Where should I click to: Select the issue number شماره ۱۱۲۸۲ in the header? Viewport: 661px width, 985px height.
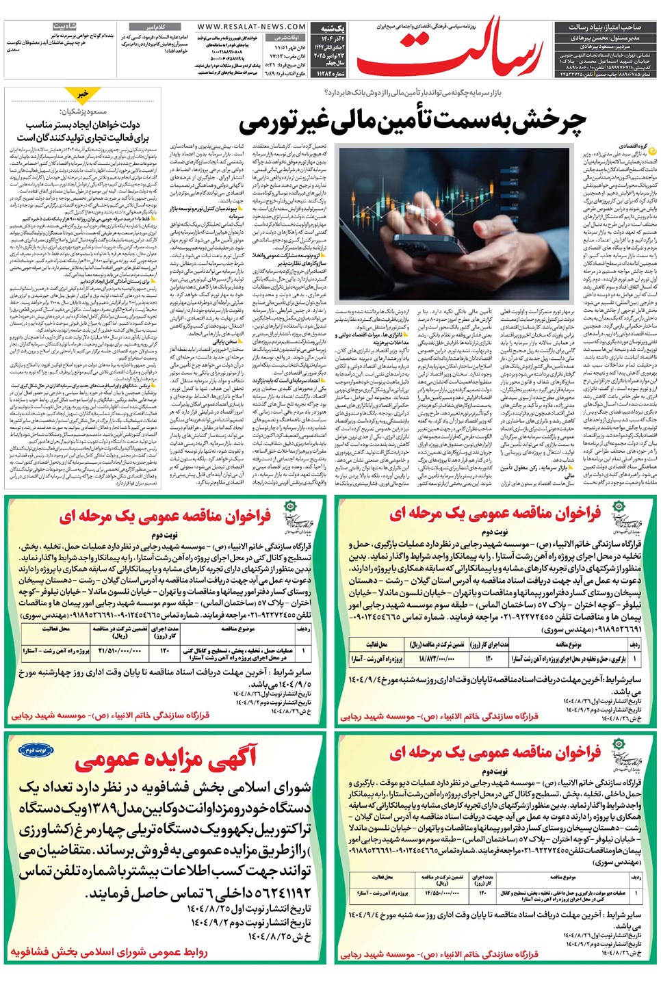tap(330, 73)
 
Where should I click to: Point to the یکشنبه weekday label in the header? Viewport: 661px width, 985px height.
tap(332, 28)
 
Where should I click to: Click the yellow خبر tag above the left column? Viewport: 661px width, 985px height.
tap(83, 94)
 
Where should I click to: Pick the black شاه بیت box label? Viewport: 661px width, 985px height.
tap(65, 26)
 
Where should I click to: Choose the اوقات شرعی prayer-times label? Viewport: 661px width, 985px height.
tap(287, 38)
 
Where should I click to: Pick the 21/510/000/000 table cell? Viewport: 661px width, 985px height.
tap(120, 651)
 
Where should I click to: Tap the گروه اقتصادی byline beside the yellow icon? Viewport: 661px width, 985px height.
tap(632, 146)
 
